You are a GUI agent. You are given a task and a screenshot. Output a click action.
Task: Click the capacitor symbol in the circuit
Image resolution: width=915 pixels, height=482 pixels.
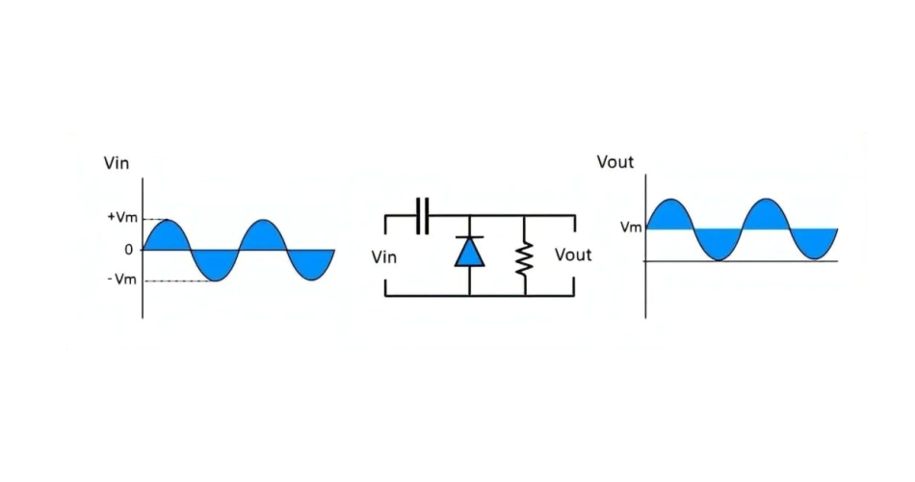click(x=422, y=216)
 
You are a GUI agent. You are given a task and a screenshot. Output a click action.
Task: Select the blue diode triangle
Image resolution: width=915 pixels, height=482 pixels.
click(x=469, y=252)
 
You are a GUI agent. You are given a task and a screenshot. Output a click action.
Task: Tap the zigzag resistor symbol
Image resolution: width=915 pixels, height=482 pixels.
click(x=524, y=257)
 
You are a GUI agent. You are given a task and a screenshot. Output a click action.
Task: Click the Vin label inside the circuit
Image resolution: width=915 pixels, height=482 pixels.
click(x=383, y=257)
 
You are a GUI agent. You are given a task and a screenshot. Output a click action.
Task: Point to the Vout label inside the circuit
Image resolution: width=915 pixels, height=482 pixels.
click(x=573, y=255)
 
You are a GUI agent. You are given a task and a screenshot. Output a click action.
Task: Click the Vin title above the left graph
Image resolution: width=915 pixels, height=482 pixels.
click(x=117, y=163)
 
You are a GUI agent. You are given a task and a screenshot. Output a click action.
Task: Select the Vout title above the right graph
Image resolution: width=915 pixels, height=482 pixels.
click(x=615, y=161)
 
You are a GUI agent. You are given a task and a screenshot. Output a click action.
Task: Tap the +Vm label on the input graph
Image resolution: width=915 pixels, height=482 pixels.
click(x=122, y=219)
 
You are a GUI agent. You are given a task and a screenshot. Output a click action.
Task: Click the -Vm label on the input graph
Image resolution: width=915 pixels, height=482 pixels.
click(x=122, y=281)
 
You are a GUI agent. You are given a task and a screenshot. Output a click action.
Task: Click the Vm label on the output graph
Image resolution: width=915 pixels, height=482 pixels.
click(x=631, y=228)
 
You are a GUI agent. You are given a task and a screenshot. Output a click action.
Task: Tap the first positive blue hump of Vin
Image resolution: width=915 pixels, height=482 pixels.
click(x=168, y=237)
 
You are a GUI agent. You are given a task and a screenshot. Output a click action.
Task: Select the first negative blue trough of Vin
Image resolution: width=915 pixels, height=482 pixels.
click(x=216, y=263)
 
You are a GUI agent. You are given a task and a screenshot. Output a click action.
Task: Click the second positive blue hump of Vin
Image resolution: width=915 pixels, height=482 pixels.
click(x=263, y=237)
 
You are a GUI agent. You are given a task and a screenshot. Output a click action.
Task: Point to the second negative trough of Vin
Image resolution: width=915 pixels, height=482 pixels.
click(x=310, y=263)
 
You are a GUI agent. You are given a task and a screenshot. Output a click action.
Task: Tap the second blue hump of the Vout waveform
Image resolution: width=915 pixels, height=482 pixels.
click(x=766, y=216)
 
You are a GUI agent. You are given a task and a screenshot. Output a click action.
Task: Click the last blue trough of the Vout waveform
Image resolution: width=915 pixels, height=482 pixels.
click(x=815, y=242)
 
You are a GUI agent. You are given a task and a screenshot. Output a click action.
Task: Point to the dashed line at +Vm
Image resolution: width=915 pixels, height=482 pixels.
click(x=155, y=220)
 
